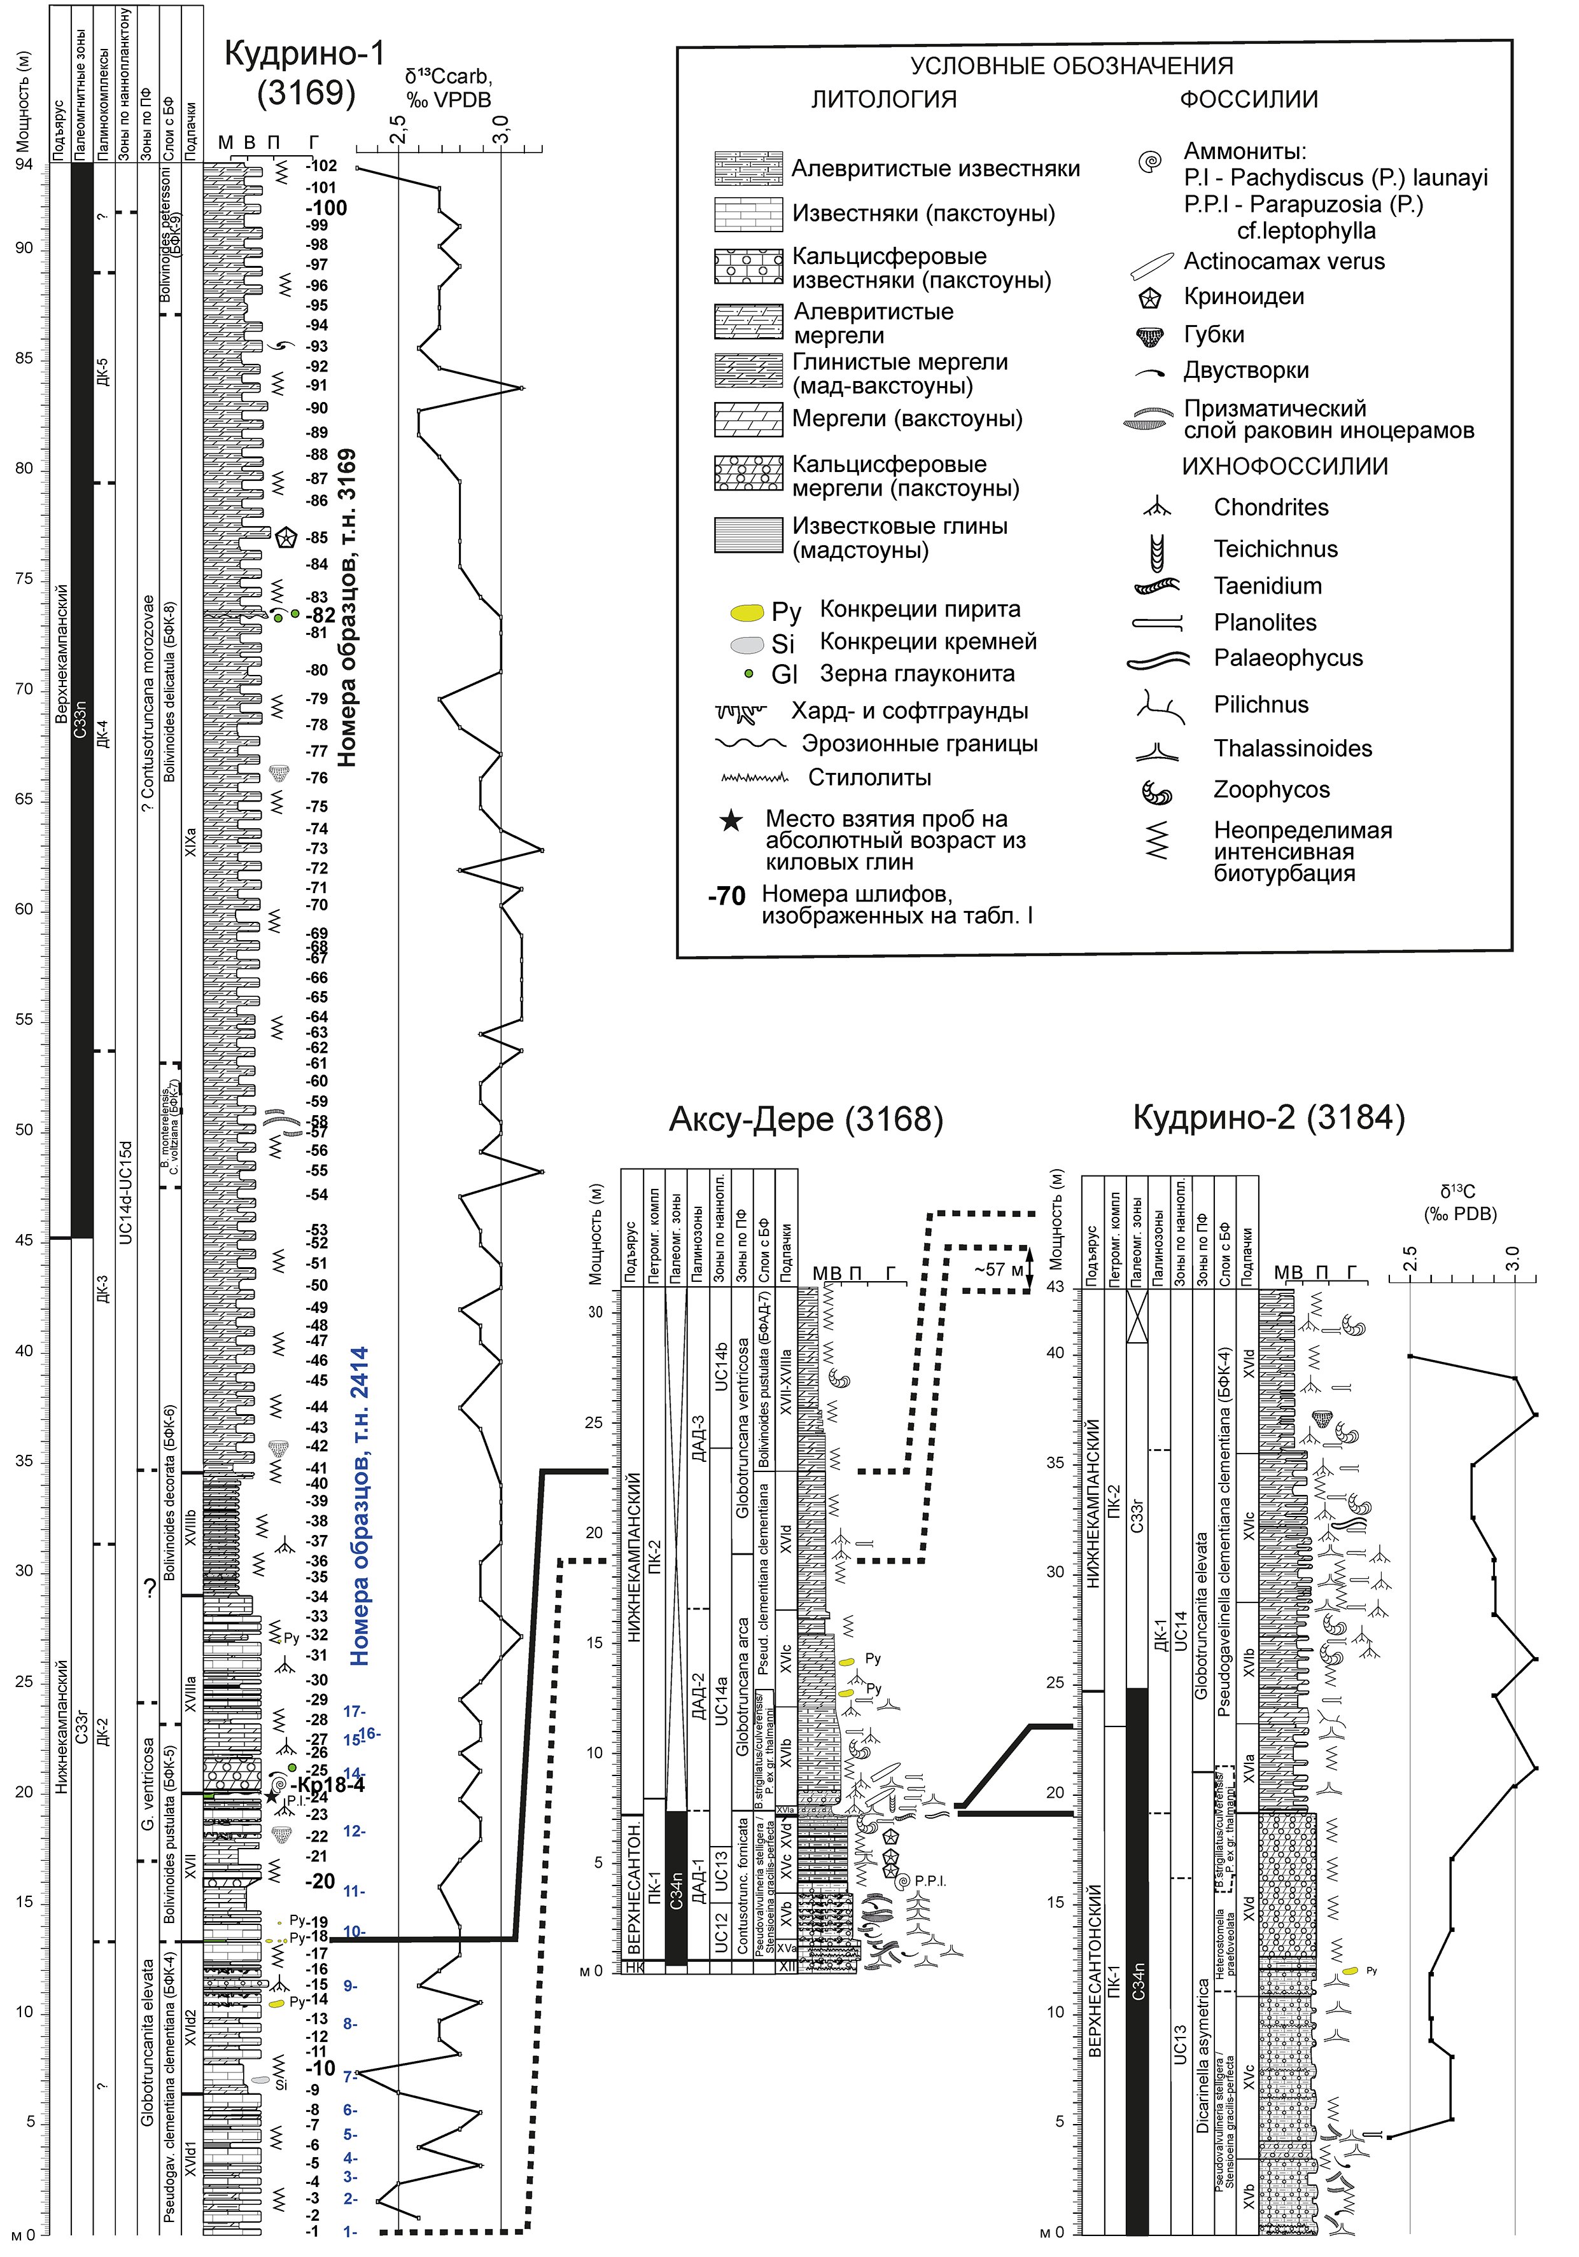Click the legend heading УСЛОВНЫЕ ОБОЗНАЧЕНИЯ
(x=1072, y=66)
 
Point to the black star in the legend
(x=731, y=820)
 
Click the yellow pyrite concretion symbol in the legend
(x=748, y=611)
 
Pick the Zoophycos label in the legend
(x=1271, y=789)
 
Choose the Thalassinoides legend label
(x=1292, y=748)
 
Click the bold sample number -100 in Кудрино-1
(x=325, y=207)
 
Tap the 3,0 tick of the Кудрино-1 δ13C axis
(x=502, y=132)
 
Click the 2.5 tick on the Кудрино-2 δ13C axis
(x=1410, y=1260)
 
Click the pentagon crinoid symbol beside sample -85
(x=286, y=538)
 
